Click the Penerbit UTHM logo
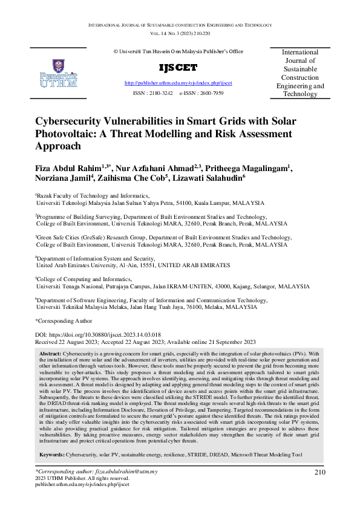point(58,73)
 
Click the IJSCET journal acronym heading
point(169,67)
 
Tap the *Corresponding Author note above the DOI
point(64,320)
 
